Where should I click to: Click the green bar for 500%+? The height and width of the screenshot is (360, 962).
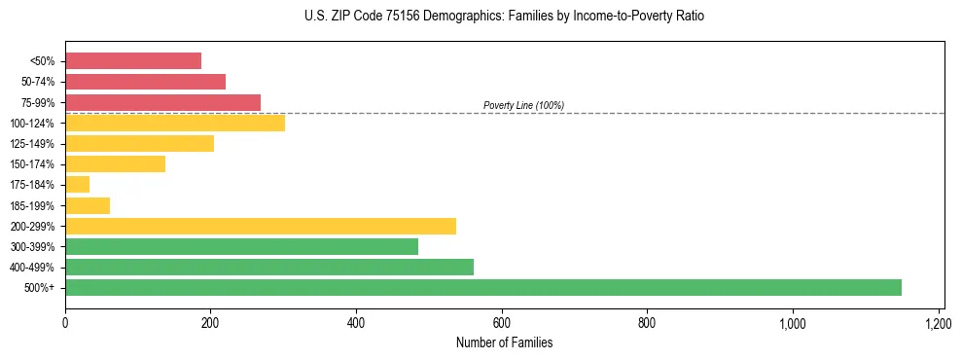click(x=483, y=287)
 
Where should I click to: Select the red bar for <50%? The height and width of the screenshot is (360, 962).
click(x=133, y=61)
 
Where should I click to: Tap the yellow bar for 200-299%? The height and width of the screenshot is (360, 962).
click(x=261, y=226)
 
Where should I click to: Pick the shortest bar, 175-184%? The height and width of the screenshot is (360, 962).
click(x=78, y=185)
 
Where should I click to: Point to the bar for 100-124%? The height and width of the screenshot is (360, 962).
click(x=175, y=123)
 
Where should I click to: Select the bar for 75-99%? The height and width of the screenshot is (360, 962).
click(x=163, y=102)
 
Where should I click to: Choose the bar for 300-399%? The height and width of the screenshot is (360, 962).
click(x=241, y=246)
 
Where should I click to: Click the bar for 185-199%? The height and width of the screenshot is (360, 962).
click(x=88, y=205)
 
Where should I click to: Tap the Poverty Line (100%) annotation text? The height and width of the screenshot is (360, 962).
click(x=523, y=105)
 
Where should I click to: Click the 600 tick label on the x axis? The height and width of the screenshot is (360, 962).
click(x=502, y=322)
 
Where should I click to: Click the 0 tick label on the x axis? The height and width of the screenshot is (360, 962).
click(x=65, y=322)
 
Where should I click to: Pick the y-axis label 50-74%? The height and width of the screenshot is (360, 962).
click(x=38, y=82)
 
